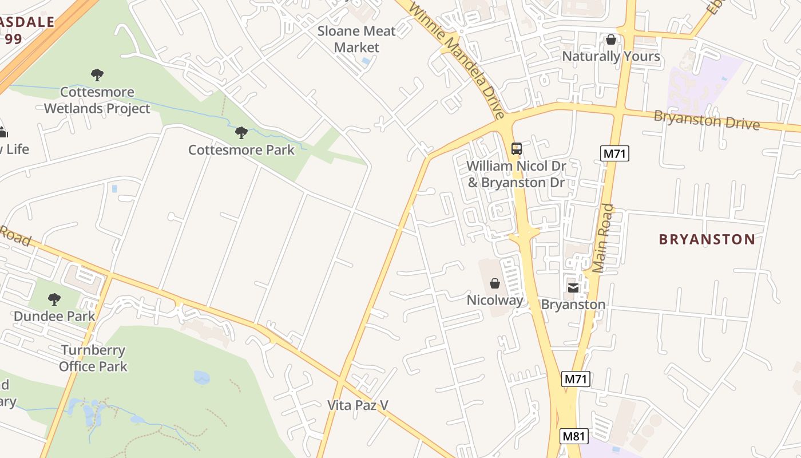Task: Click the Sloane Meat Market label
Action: point(356,39)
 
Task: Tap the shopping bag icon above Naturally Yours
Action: point(611,40)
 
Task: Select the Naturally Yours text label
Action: point(611,56)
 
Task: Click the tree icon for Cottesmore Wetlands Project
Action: point(97,74)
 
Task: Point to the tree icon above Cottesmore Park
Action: point(241,133)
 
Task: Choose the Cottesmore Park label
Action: point(241,150)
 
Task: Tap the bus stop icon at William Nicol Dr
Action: point(516,149)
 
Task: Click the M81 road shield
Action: point(574,436)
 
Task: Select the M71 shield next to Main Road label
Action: point(614,153)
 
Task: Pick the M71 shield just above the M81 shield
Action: point(576,378)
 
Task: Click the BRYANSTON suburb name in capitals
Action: point(707,239)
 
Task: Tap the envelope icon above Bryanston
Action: point(573,287)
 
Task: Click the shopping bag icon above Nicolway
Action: point(495,283)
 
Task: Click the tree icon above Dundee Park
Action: point(54,299)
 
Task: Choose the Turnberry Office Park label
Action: point(93,358)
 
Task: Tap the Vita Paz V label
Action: point(358,405)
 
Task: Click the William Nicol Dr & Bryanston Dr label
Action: point(516,174)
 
